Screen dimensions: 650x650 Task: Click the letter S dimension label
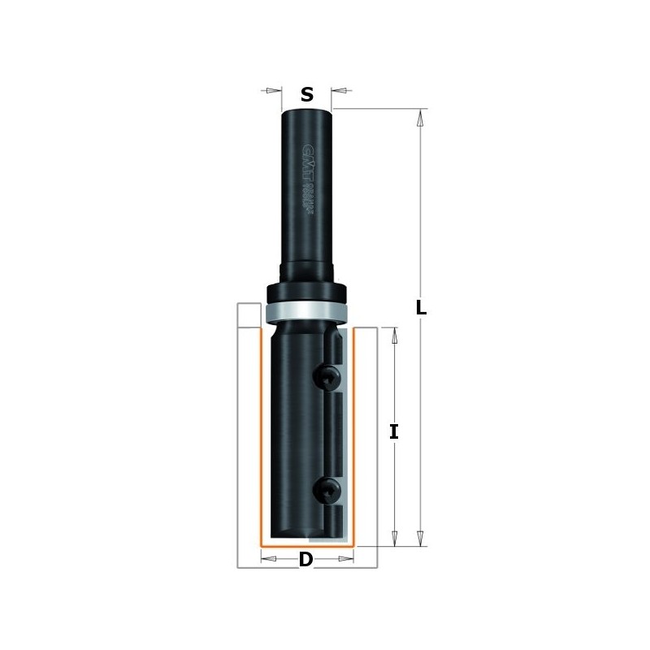tap(306, 94)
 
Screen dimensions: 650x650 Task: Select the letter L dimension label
tap(421, 308)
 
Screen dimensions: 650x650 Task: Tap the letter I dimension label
tap(394, 432)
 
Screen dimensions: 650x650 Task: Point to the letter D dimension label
tap(305, 559)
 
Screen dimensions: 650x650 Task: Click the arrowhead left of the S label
tap(268, 90)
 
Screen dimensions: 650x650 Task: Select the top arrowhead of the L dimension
tap(420, 119)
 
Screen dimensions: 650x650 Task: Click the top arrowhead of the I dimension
tap(394, 336)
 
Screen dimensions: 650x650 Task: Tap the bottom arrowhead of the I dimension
tap(394, 537)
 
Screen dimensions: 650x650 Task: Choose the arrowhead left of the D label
tap(270, 558)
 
